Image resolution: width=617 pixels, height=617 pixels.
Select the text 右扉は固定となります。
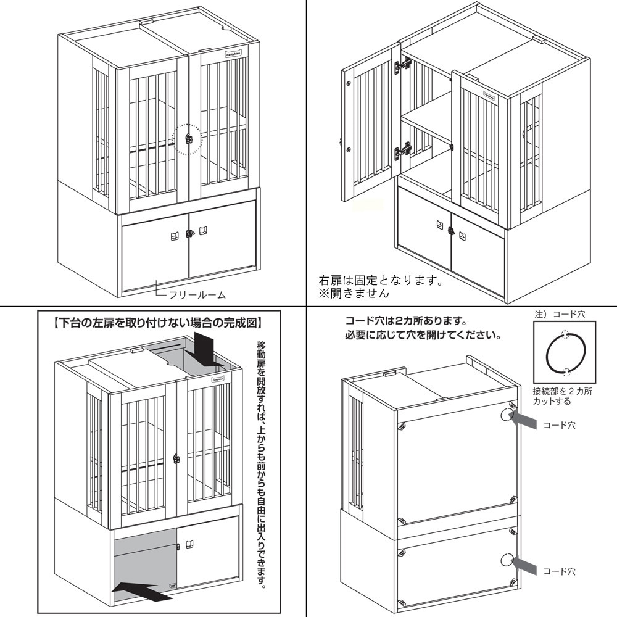point(381,281)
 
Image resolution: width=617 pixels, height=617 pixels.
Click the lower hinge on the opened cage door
point(404,149)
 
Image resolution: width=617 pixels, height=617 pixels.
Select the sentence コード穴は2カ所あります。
point(404,322)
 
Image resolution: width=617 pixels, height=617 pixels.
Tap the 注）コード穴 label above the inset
point(559,315)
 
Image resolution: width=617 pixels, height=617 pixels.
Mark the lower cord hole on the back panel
point(506,560)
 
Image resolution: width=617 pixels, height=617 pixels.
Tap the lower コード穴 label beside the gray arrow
point(559,572)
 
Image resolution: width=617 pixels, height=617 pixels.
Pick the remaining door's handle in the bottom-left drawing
point(191,543)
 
